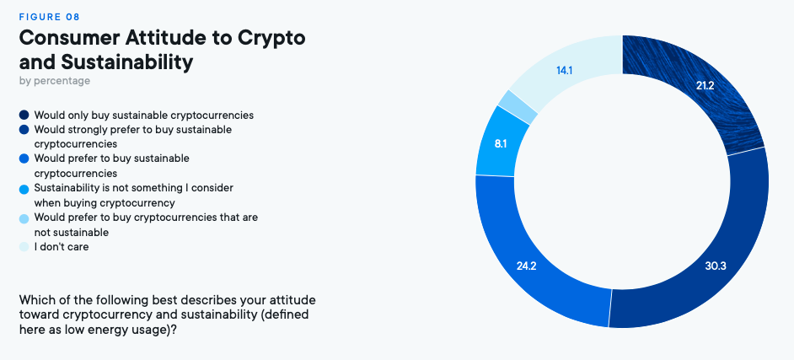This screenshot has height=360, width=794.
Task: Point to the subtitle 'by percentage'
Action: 54,81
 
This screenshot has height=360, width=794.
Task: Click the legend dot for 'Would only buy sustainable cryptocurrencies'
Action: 24,115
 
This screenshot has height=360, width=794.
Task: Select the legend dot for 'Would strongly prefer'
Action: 24,130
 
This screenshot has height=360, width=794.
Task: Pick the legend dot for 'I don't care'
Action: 24,247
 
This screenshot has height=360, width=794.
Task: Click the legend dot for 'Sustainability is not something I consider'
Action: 24,188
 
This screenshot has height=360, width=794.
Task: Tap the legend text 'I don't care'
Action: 62,247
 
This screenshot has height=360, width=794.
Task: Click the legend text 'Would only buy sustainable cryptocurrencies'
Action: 143,115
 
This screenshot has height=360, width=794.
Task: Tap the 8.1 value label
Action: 500,143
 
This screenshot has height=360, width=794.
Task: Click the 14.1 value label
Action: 565,70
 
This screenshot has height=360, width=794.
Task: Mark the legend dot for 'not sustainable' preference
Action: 24,218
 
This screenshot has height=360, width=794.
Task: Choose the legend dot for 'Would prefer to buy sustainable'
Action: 24,159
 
